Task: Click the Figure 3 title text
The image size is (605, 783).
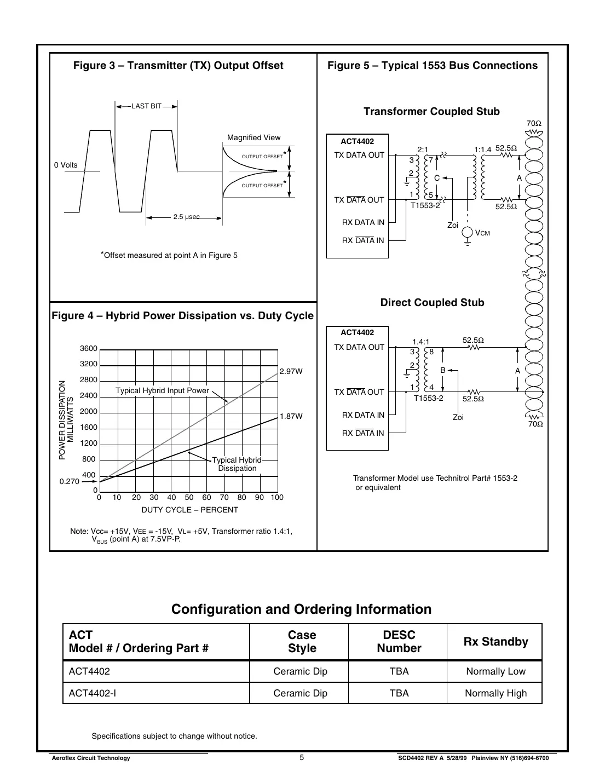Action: (x=178, y=66)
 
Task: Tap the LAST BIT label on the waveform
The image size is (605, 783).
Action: (x=146, y=106)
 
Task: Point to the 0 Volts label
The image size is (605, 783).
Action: (x=66, y=165)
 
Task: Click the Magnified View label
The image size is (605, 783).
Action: (x=253, y=138)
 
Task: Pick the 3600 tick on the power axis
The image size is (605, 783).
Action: (x=88, y=349)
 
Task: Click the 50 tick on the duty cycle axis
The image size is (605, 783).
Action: (x=189, y=498)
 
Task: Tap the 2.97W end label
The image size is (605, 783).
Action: (x=291, y=372)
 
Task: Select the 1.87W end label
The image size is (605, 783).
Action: (x=291, y=417)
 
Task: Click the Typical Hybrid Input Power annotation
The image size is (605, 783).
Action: (x=162, y=391)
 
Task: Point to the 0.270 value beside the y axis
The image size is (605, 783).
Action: (x=70, y=482)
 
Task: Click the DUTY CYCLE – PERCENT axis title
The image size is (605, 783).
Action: (x=189, y=510)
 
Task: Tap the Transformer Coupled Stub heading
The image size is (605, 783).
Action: (x=431, y=112)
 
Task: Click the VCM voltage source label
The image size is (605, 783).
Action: (x=482, y=233)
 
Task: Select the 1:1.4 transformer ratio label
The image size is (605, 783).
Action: (x=482, y=149)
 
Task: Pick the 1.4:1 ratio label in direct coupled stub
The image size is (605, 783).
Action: (x=421, y=342)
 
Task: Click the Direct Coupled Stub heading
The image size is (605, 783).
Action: (x=432, y=303)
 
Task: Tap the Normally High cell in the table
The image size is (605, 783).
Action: (x=495, y=693)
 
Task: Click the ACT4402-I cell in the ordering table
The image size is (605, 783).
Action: (x=92, y=693)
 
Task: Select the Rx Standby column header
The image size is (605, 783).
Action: (x=495, y=642)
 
